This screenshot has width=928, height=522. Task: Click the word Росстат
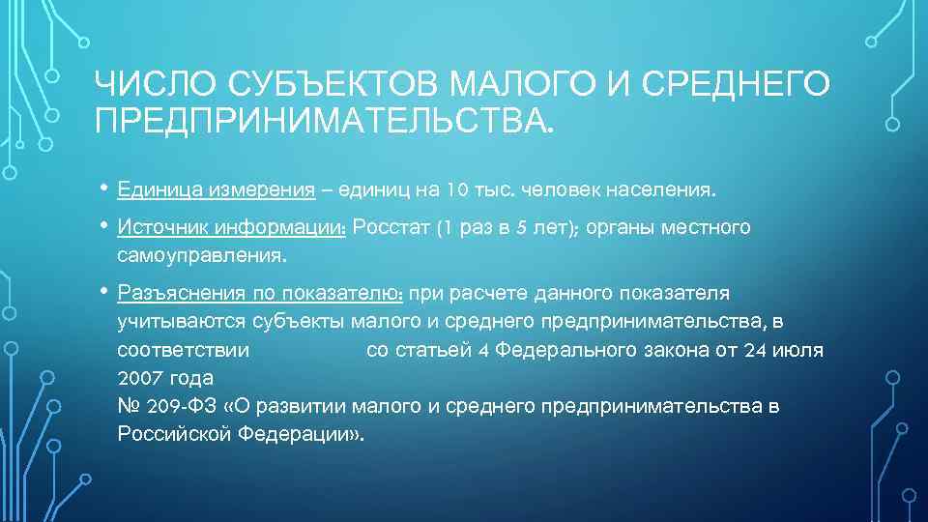(392, 228)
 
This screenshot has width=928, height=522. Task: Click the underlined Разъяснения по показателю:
(260, 293)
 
